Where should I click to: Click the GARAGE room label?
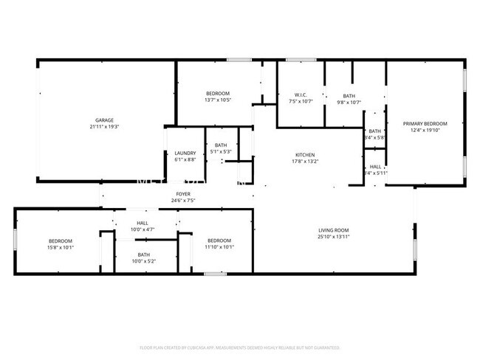tap(103, 120)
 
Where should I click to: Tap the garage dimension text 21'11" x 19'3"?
tap(103, 126)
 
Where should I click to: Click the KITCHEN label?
tap(304, 155)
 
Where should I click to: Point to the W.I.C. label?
tap(301, 95)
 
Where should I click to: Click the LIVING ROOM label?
tap(333, 230)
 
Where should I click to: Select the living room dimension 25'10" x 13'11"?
tap(333, 237)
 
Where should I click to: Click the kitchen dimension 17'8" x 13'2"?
tap(304, 162)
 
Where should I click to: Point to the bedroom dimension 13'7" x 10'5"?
tap(217, 100)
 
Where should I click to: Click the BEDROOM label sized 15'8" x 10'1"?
tap(61, 241)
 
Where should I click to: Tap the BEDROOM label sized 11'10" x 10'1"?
tap(219, 241)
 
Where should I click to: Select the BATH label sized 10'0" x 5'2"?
tap(143, 255)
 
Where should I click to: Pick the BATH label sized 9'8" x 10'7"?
tap(349, 96)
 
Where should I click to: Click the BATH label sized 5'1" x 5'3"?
tap(221, 145)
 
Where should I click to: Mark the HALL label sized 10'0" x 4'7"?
tap(143, 223)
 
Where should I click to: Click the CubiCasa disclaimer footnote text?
tap(239, 347)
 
